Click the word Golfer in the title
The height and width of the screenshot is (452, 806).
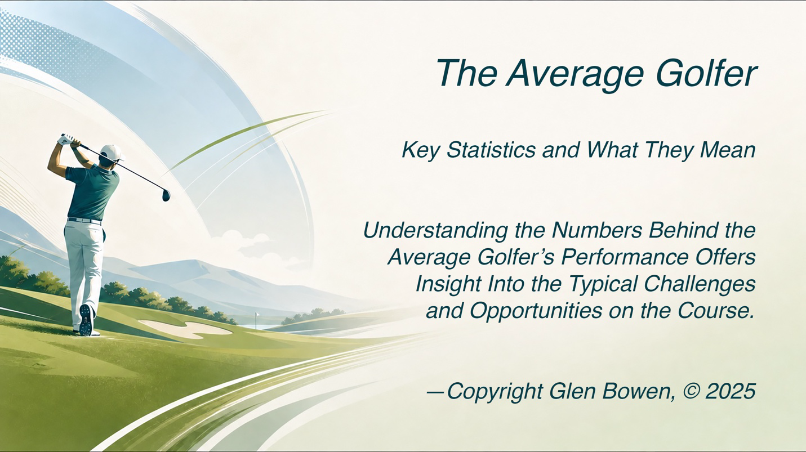click(x=706, y=74)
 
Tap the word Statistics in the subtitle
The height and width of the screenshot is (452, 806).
click(x=491, y=150)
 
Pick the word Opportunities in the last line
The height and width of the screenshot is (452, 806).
click(x=536, y=311)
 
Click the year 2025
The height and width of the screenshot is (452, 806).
click(x=731, y=391)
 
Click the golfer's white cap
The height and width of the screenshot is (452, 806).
click(x=112, y=153)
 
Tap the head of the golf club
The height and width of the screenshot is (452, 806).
click(x=166, y=195)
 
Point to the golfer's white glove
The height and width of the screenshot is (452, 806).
click(x=68, y=139)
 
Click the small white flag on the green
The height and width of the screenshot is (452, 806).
click(x=257, y=316)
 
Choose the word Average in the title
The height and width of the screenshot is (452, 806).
click(x=575, y=74)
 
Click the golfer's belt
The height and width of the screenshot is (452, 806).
click(x=84, y=220)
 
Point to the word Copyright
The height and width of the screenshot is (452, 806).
click(x=495, y=391)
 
